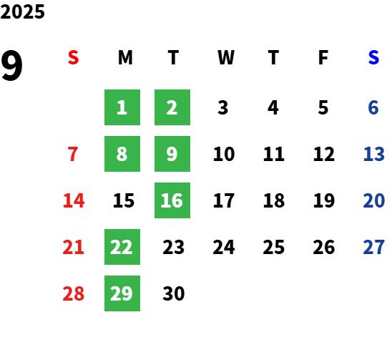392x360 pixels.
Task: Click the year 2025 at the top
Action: pyautogui.click(x=22, y=11)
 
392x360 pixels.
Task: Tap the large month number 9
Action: pyautogui.click(x=11, y=65)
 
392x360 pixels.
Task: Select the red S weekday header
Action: pyautogui.click(x=73, y=57)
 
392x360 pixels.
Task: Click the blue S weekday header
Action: pyautogui.click(x=373, y=57)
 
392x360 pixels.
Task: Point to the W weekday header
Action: pyautogui.click(x=226, y=57)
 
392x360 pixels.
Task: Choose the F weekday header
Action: pyautogui.click(x=323, y=57)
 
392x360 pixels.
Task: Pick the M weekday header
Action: pyautogui.click(x=125, y=57)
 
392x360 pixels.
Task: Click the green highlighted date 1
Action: pyautogui.click(x=122, y=107)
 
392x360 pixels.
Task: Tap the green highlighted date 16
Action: pyautogui.click(x=172, y=200)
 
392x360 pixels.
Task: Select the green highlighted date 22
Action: pyautogui.click(x=122, y=247)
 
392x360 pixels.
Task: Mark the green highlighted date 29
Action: pyautogui.click(x=122, y=293)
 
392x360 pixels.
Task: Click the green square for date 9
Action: pyautogui.click(x=172, y=154)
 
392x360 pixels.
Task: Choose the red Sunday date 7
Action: pyautogui.click(x=73, y=154)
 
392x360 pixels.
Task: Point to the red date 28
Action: pyautogui.click(x=73, y=293)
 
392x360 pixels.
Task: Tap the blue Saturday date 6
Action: pyautogui.click(x=373, y=107)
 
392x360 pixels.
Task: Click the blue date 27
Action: pyautogui.click(x=373, y=247)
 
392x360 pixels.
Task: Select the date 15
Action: pyautogui.click(x=124, y=200)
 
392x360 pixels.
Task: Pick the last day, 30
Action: pyautogui.click(x=174, y=293)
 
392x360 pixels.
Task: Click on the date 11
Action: pyautogui.click(x=274, y=154)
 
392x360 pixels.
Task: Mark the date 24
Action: pyautogui.click(x=224, y=247)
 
